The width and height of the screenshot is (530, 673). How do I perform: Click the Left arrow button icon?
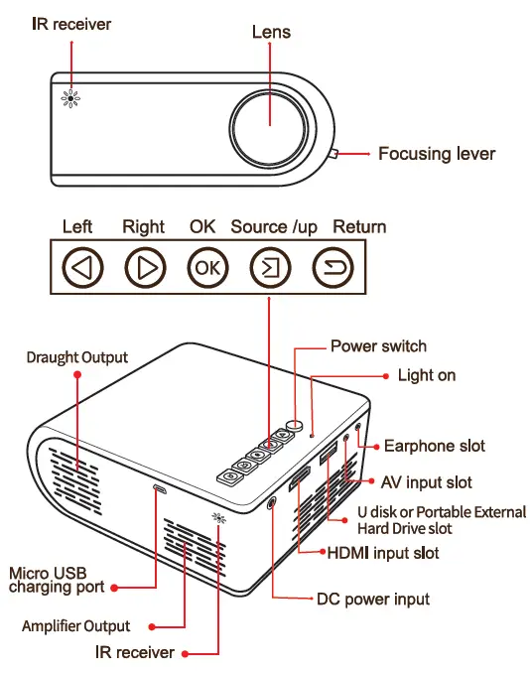(x=82, y=267)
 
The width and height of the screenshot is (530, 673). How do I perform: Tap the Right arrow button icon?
(x=144, y=267)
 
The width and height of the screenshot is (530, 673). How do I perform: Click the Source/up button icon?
(x=268, y=267)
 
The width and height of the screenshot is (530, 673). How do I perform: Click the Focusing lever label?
(x=436, y=154)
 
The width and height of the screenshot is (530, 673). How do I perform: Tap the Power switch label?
(x=378, y=346)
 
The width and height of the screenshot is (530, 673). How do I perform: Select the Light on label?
(x=427, y=375)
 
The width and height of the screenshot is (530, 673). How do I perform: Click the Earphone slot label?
(x=435, y=446)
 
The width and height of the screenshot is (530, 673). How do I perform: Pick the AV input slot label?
(x=427, y=482)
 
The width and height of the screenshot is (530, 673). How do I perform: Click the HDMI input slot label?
(x=383, y=552)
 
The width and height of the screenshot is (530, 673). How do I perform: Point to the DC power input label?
(x=373, y=600)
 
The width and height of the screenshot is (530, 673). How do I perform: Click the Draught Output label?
(x=77, y=356)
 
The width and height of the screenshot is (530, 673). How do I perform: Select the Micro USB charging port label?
(x=56, y=580)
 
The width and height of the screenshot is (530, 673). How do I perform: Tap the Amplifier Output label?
(x=76, y=626)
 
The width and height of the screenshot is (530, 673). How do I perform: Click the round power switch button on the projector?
(x=297, y=420)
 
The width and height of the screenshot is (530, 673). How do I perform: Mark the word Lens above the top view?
(x=270, y=32)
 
